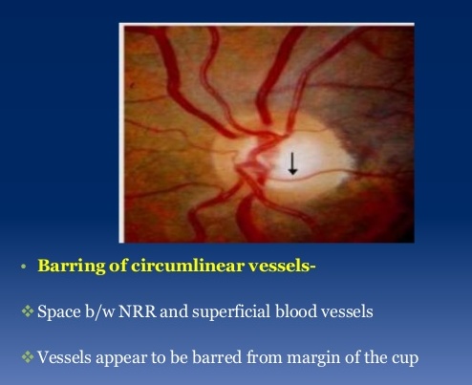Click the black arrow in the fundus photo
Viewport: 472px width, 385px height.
(x=293, y=163)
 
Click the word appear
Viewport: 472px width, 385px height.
(x=127, y=358)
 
